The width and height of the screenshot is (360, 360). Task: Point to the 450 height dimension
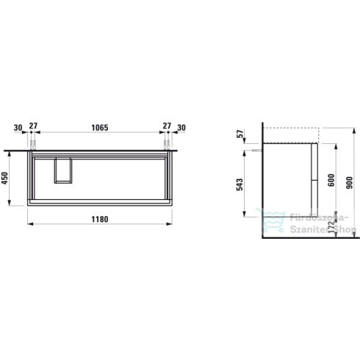point(7,179)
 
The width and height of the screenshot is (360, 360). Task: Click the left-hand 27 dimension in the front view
point(32,127)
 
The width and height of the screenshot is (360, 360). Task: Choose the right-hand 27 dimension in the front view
point(167,127)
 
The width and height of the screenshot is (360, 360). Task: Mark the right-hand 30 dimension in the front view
point(182,127)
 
